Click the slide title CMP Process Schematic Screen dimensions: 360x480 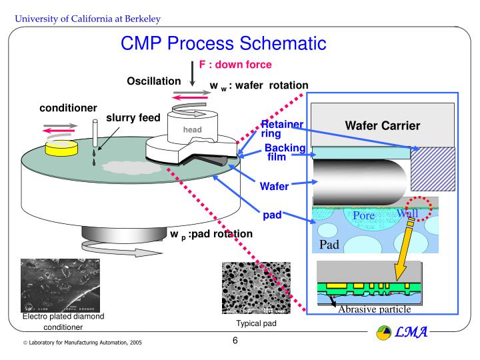[x=223, y=45]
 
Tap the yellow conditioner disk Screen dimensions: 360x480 [x=58, y=147]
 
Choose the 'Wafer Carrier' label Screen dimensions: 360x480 [x=382, y=125]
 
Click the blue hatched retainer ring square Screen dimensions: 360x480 [x=433, y=169]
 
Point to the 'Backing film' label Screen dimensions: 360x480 [x=285, y=153]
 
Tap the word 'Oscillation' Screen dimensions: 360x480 [x=154, y=81]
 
